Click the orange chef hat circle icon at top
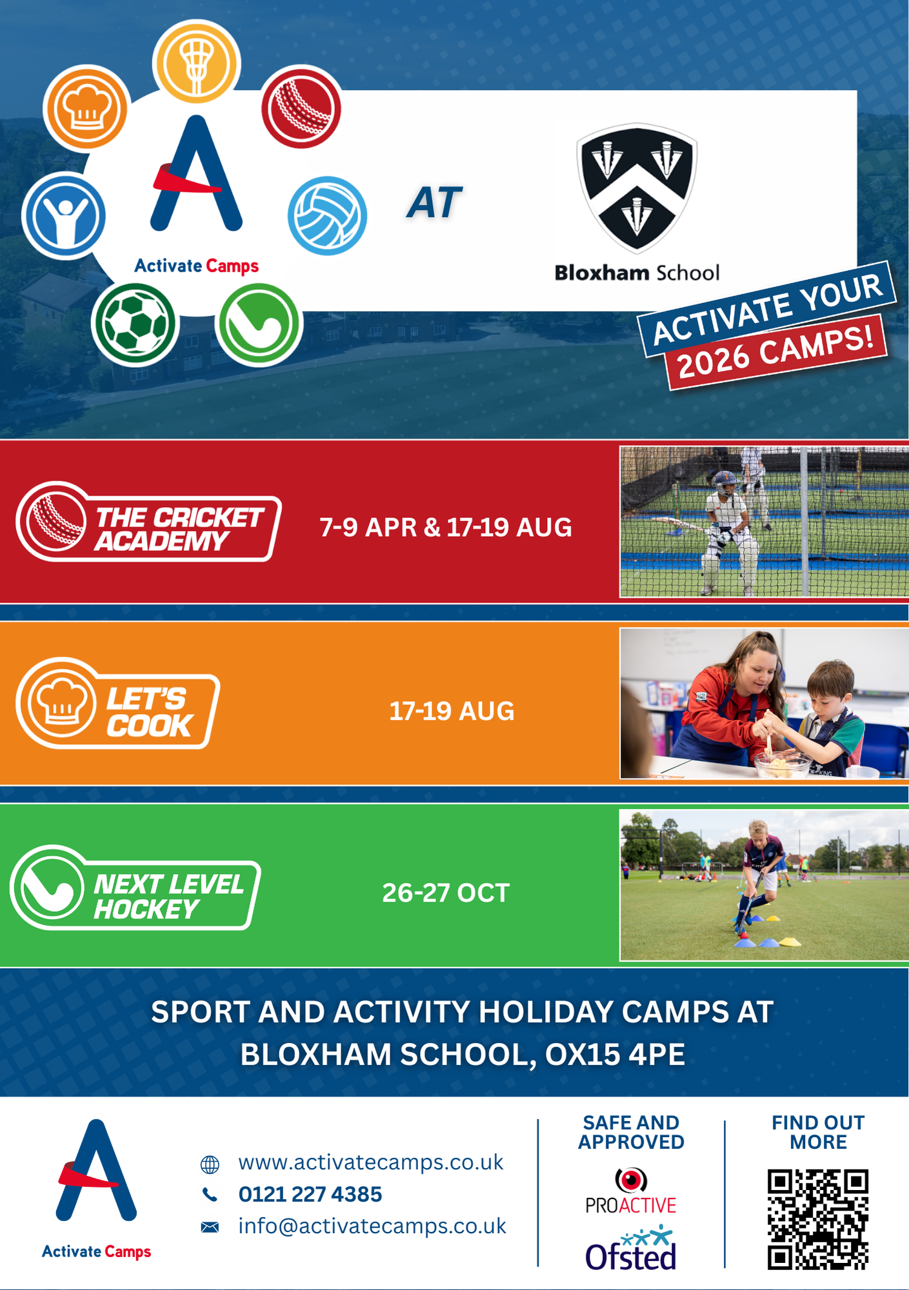click(x=86, y=108)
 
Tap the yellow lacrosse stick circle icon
click(x=196, y=62)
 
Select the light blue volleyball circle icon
click(x=327, y=215)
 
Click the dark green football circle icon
click(x=134, y=323)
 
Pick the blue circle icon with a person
click(x=64, y=215)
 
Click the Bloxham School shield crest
click(x=637, y=187)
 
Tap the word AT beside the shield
click(x=435, y=203)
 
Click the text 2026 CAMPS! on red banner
click(x=777, y=352)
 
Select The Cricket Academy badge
click(x=148, y=521)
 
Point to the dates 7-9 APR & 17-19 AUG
click(x=446, y=528)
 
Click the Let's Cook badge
click(x=118, y=703)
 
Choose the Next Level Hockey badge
click(x=135, y=888)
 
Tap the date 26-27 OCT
click(x=446, y=893)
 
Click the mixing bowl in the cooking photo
click(x=783, y=766)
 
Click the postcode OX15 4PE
click(x=615, y=1055)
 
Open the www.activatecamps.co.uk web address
click(x=371, y=1162)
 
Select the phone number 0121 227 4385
click(x=310, y=1194)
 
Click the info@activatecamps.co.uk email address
click(x=372, y=1225)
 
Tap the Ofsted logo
click(x=631, y=1249)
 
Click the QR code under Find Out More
click(x=817, y=1219)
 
